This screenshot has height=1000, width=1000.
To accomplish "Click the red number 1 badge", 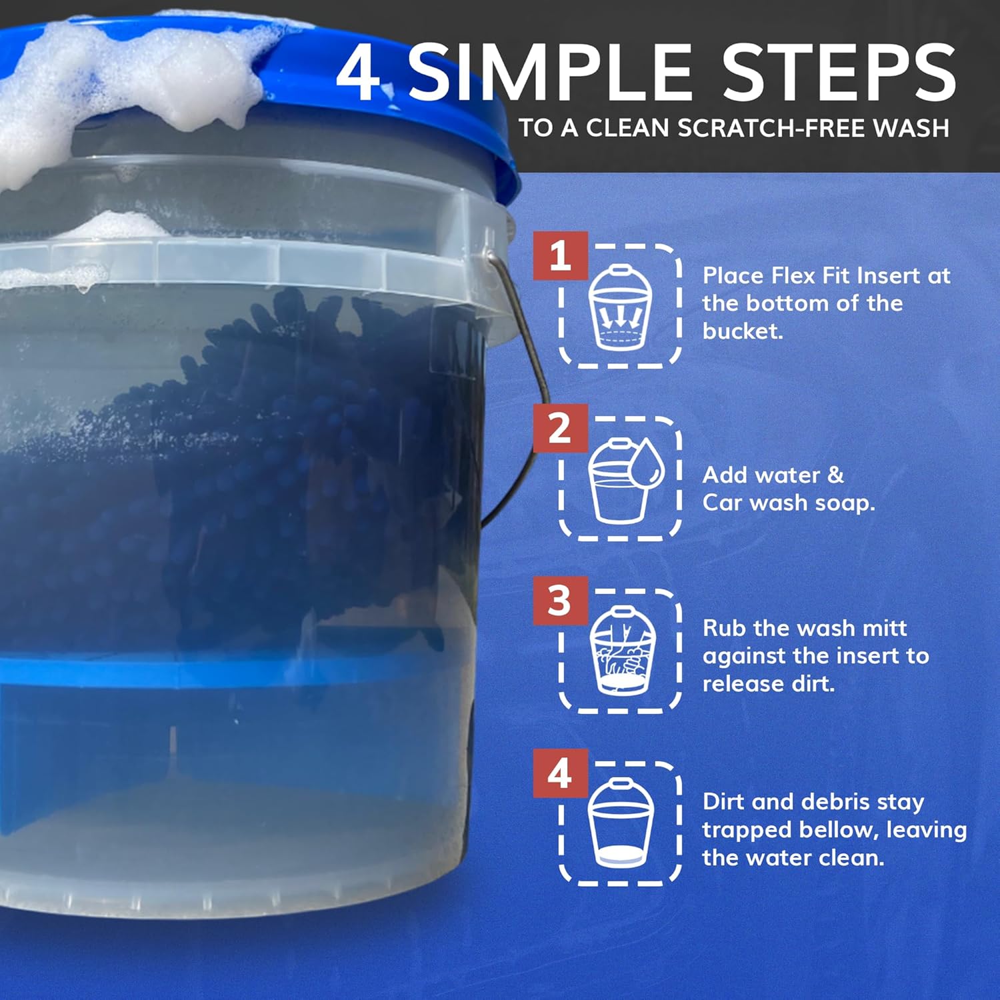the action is [x=560, y=255].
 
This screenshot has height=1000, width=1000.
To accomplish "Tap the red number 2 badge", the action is [x=560, y=428].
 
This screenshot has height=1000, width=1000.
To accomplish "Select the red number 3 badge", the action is [x=560, y=601].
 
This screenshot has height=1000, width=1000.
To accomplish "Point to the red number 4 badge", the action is [x=560, y=773].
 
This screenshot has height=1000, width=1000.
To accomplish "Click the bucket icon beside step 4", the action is [x=621, y=823].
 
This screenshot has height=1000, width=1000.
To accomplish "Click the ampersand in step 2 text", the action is [x=835, y=475].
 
